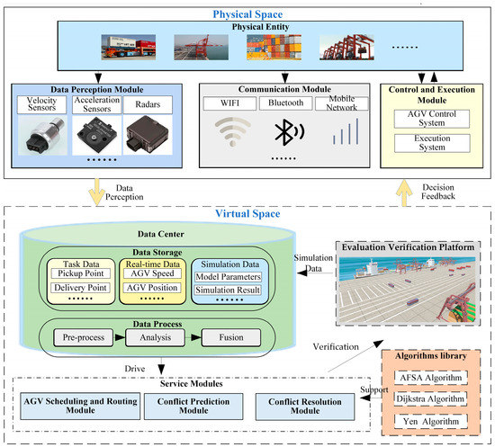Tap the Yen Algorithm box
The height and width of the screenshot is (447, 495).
(x=433, y=421)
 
